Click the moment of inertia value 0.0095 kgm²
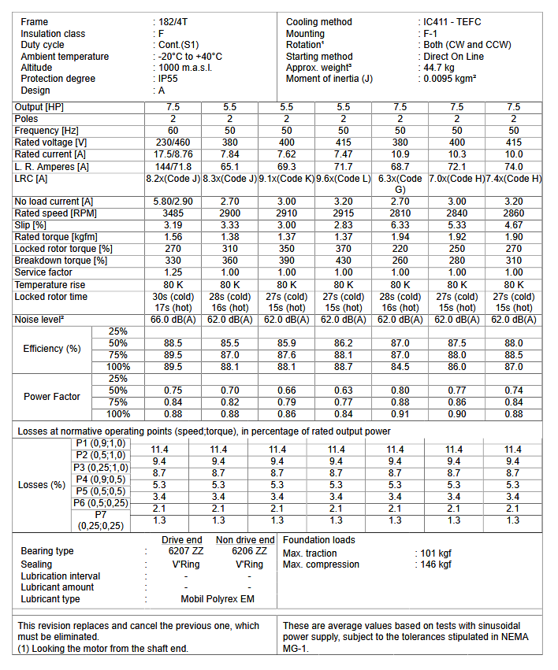coord(449,79)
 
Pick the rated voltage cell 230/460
coord(173,143)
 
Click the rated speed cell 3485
coord(173,213)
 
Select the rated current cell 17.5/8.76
coord(173,154)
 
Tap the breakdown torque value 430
coord(344,261)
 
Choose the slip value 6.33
coord(400,225)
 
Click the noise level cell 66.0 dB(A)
coord(173,320)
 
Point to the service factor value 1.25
coord(173,272)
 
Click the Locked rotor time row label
coord(51,297)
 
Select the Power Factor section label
coord(52,397)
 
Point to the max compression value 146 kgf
coord(436,565)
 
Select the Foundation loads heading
coord(319,540)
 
